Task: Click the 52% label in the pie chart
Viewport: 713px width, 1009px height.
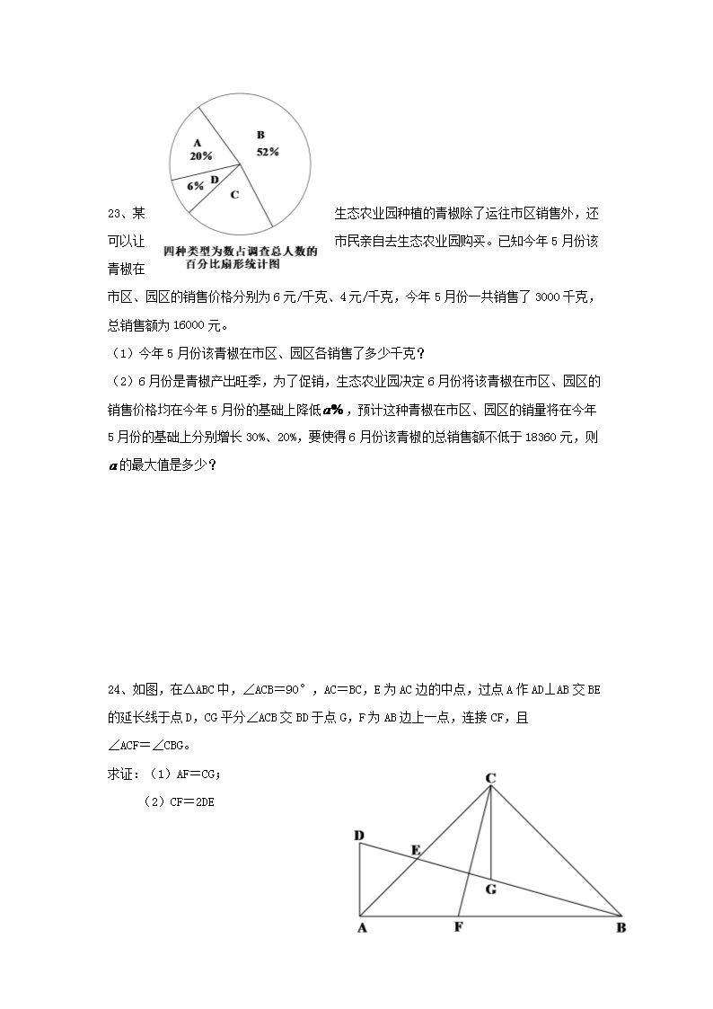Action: tap(268, 152)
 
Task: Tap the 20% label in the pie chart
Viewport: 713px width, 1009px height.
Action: tap(200, 155)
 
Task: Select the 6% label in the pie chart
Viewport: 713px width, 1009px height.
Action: tap(195, 186)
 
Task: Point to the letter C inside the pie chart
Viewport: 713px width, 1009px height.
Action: tap(234, 194)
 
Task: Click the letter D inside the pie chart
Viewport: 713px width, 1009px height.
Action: tap(215, 180)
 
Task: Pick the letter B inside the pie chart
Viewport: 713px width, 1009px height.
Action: tap(261, 136)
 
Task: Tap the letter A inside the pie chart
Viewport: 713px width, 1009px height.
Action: tap(198, 142)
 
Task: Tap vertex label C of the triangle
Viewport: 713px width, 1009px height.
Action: tap(491, 778)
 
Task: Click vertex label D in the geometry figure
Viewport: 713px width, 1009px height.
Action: tap(359, 836)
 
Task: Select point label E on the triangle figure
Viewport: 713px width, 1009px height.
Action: tap(415, 849)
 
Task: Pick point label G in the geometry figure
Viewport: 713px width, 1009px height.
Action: tap(490, 890)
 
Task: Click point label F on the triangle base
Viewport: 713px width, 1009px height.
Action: tap(458, 927)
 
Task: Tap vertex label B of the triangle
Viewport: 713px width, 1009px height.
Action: tap(621, 928)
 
